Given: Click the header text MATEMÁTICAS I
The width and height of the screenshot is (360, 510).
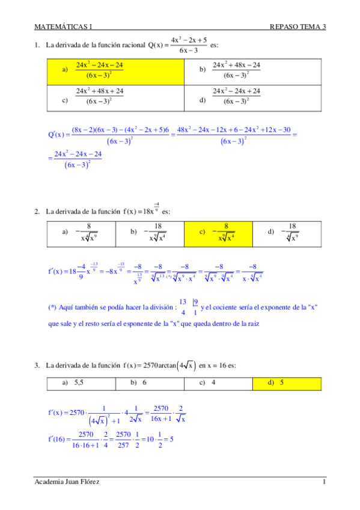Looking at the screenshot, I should tap(63, 26).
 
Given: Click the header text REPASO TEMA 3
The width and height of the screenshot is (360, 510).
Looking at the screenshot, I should tap(298, 26).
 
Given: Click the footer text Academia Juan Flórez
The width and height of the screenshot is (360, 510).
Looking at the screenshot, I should tap(67, 482).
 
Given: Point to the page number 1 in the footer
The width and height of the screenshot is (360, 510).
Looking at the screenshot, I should tap(323, 482).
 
